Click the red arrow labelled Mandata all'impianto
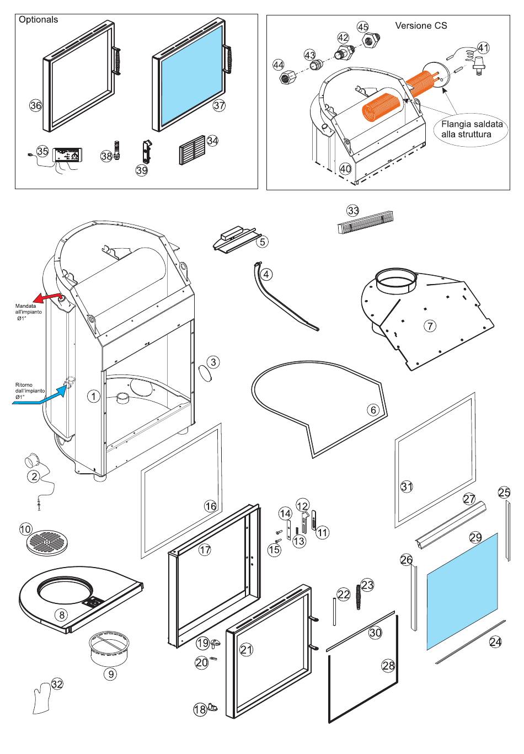click(48, 298)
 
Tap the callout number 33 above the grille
click(353, 210)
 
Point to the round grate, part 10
click(46, 543)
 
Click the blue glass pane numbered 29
click(462, 590)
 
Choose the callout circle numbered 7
click(429, 325)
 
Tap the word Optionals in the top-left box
click(38, 19)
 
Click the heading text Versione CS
click(421, 25)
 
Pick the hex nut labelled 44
click(287, 77)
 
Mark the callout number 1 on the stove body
click(94, 396)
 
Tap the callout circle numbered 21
click(246, 650)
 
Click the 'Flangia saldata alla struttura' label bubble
click(472, 129)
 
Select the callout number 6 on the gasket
click(373, 410)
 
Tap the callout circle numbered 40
click(345, 168)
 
